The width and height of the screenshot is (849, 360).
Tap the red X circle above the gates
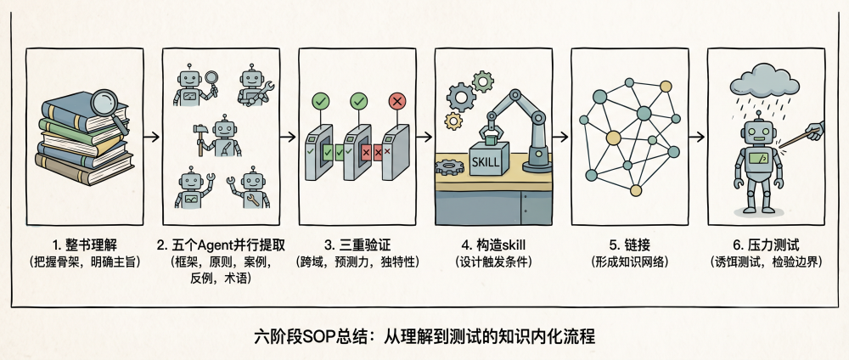396,102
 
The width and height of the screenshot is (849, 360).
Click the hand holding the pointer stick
816,130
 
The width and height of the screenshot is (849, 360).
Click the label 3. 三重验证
357,245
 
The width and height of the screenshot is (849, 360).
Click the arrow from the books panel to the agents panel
149,136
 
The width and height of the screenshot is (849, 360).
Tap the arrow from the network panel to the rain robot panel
695,136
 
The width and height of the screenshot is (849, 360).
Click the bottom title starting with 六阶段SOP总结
424,336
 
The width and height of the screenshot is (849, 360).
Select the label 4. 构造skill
493,245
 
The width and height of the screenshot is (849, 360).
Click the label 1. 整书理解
84,245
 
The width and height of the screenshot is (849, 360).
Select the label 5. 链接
629,245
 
